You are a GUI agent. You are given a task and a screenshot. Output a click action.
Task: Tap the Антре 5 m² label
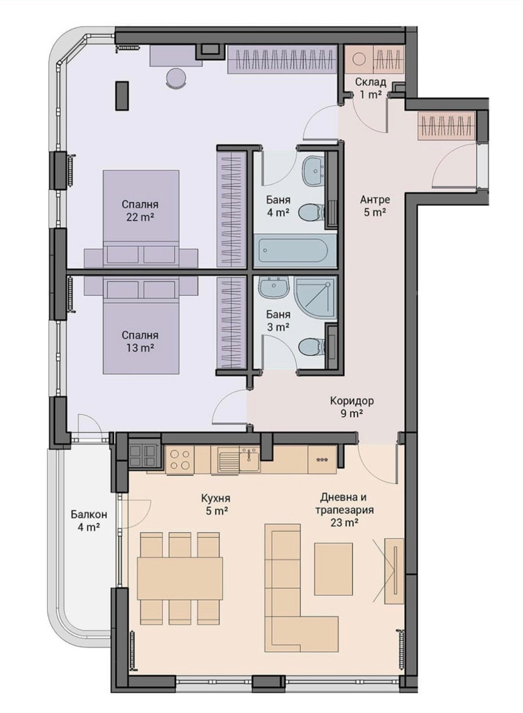(x=375, y=206)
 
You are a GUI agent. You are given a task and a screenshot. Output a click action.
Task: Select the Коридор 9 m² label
(x=352, y=407)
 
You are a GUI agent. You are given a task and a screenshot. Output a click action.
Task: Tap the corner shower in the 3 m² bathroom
(x=315, y=297)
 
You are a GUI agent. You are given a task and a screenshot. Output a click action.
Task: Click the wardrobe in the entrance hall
(x=447, y=125)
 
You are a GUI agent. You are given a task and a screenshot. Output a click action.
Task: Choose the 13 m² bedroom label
(x=140, y=342)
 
